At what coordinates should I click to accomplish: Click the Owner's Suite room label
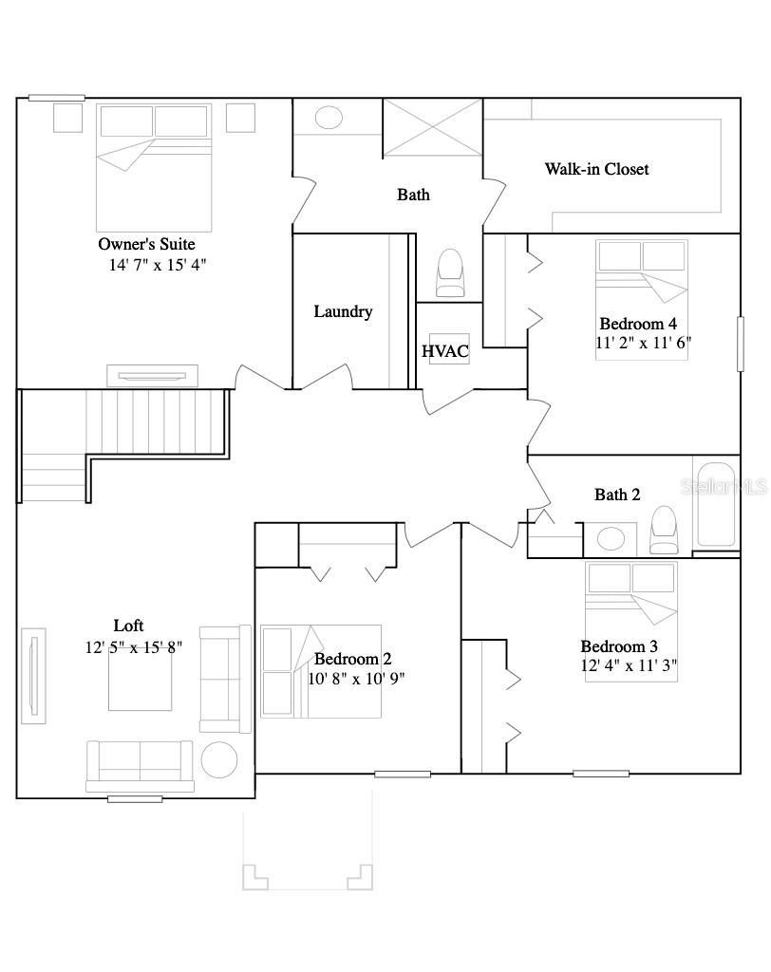146,244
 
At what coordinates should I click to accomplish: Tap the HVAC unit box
445,350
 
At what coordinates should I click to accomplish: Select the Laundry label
343,311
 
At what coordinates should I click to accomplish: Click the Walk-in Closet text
596,169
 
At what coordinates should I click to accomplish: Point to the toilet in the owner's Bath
450,273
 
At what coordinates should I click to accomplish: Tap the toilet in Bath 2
664,530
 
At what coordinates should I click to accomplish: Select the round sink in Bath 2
610,539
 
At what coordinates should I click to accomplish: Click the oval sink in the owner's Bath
329,118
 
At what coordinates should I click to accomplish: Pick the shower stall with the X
433,127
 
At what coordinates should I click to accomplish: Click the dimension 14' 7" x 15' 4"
158,265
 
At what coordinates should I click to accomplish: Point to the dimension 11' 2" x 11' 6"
643,344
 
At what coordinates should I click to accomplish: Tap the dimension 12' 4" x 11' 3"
629,666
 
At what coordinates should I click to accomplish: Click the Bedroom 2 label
352,659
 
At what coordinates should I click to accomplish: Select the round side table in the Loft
218,759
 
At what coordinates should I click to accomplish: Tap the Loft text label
129,626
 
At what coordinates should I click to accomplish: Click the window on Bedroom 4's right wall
740,344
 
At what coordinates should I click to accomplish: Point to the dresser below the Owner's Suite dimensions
152,375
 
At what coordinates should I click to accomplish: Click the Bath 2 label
617,495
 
